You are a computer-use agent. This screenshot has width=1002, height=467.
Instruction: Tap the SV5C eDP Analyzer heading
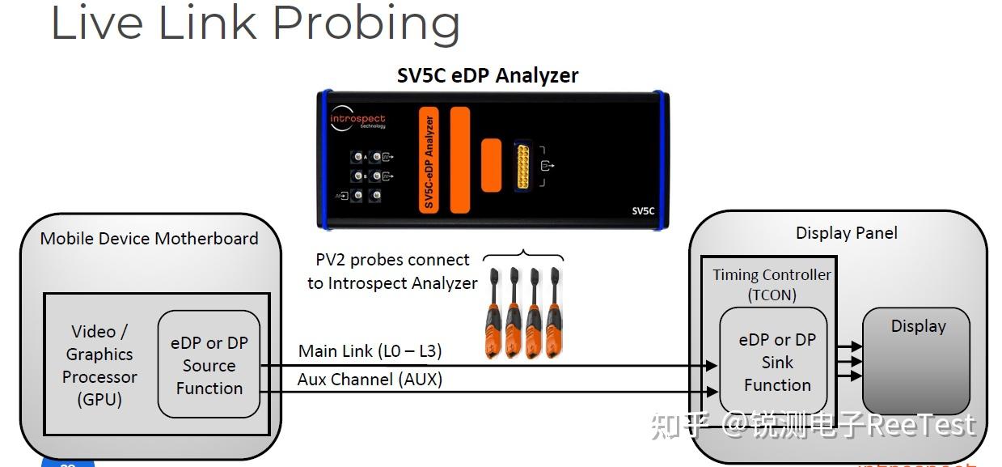tap(488, 76)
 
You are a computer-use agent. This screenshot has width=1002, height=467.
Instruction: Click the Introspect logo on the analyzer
tap(357, 121)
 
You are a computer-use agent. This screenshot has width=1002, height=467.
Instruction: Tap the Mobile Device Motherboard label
tap(150, 238)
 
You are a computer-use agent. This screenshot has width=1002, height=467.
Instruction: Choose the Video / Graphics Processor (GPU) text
tap(99, 365)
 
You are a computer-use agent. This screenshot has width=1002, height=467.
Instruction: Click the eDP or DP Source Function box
tap(209, 365)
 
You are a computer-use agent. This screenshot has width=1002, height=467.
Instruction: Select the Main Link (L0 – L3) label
tap(370, 351)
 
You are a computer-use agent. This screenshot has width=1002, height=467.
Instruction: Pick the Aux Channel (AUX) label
tap(370, 379)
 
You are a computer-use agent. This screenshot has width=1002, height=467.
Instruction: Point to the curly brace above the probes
tap(523, 257)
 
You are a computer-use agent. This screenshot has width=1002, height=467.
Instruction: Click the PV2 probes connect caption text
tap(392, 271)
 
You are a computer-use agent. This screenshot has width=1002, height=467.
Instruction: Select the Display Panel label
tap(846, 233)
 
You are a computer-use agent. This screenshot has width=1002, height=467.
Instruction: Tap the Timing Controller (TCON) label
tap(772, 284)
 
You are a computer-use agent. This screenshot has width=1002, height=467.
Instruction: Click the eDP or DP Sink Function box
tap(776, 363)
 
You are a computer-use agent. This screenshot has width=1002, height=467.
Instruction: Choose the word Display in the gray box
tap(918, 326)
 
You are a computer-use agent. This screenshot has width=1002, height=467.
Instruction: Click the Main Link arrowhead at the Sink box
tap(712, 366)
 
